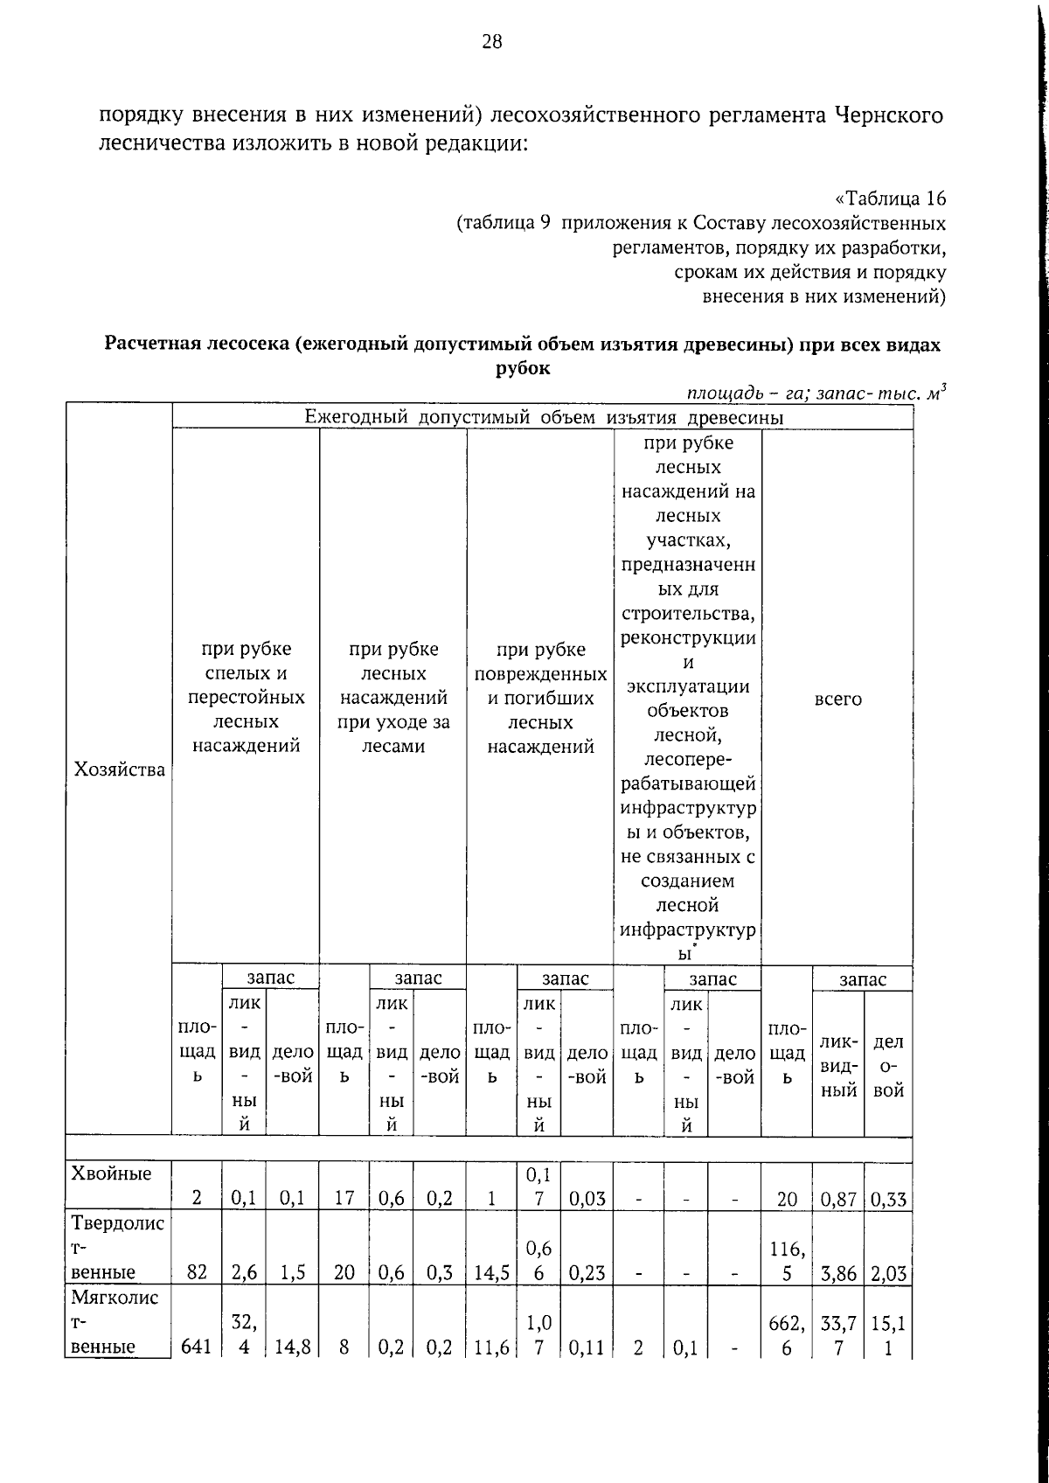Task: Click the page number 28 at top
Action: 492,42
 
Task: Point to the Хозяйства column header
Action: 120,769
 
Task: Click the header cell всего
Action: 837,700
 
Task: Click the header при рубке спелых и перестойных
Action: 246,698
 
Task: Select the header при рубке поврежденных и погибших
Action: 540,698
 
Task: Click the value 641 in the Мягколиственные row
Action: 197,1347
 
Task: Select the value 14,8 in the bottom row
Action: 293,1347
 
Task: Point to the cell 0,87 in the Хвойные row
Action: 837,1199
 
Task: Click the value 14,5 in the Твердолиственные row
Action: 492,1272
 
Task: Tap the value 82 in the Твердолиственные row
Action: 197,1272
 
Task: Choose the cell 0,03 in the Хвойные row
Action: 587,1199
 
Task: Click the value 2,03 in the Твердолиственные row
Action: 888,1272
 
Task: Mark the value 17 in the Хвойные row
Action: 344,1199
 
